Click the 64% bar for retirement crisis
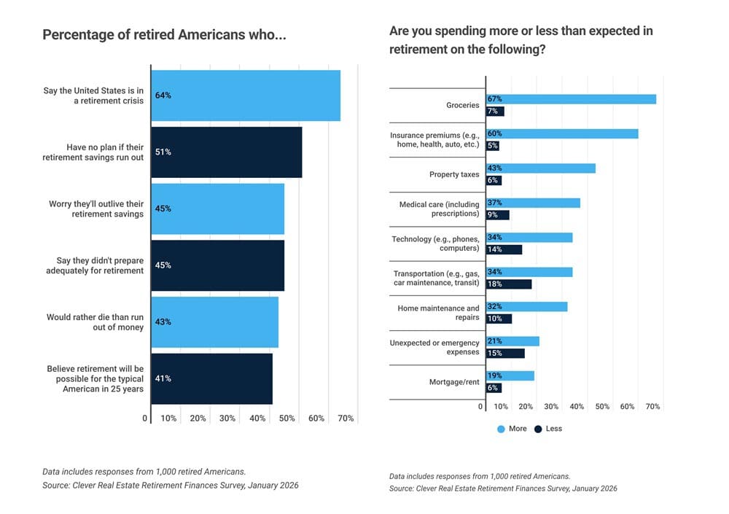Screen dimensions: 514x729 [x=246, y=96]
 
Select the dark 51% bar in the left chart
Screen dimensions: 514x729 [x=227, y=152]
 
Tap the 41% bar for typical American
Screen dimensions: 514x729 [x=211, y=378]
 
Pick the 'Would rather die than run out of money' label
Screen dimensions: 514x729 [x=95, y=322]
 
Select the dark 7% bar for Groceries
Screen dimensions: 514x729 [x=495, y=112]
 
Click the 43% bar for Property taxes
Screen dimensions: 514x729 [x=541, y=168]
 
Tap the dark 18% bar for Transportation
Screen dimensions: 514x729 [x=509, y=284]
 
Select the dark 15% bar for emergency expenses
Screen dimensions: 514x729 [x=505, y=354]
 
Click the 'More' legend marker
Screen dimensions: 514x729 [x=501, y=429]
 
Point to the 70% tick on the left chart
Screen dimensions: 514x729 [x=346, y=418]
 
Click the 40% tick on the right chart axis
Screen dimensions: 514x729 [x=577, y=407]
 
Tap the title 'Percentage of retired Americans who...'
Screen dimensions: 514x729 [x=164, y=35]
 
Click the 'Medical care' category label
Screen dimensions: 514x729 [x=439, y=209]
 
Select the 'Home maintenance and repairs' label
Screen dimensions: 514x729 [x=438, y=313]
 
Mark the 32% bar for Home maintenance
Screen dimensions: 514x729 [x=526, y=307]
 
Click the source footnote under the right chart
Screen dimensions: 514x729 [x=503, y=488]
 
